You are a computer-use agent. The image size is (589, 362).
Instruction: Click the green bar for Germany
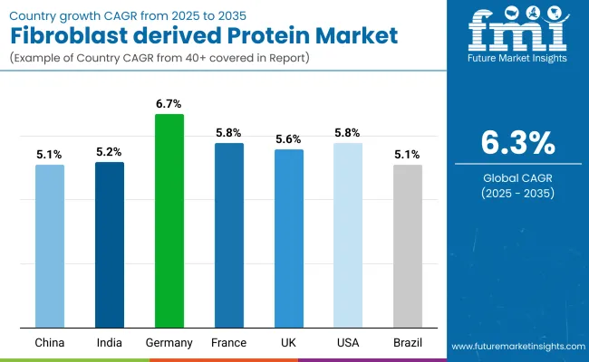point(169,221)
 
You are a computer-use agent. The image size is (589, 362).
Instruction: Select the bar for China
point(50,246)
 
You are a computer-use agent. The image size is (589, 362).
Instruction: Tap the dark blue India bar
point(110,244)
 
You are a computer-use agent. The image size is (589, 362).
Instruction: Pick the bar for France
point(229,235)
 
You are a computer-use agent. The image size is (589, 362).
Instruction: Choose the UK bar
point(289,238)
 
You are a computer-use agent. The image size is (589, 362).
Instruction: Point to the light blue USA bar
point(348,235)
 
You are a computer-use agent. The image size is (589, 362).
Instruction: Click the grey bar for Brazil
point(408,246)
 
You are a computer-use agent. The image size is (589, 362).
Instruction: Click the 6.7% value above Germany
point(169,105)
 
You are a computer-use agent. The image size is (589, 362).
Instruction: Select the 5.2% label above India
point(110,152)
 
